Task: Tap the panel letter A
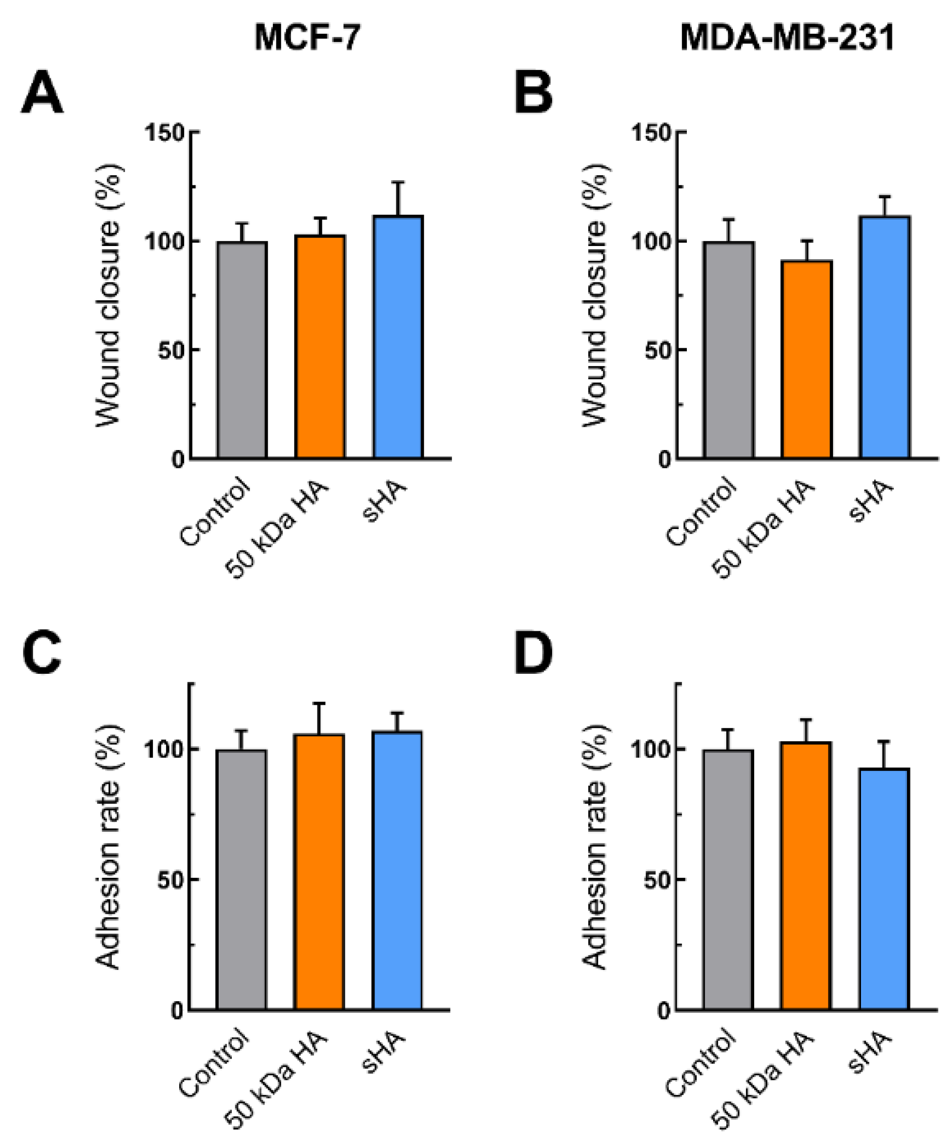[x=42, y=93]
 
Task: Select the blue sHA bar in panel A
[x=398, y=337]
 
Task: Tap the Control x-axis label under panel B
[x=701, y=513]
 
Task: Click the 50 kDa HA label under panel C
[x=277, y=1080]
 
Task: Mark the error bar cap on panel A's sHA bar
[x=398, y=182]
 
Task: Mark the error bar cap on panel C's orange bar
[x=319, y=704]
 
